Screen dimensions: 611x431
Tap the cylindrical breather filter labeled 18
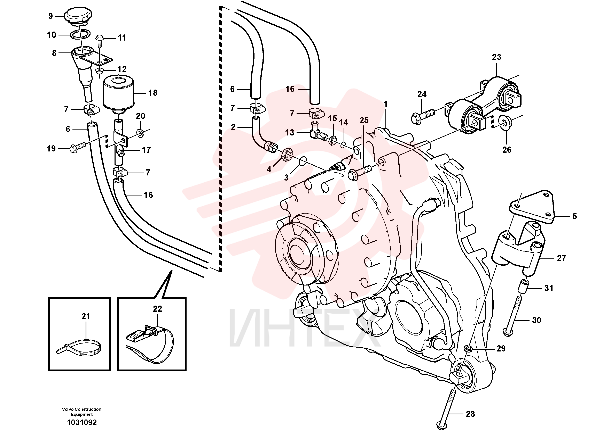click(118, 94)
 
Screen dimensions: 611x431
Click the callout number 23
click(496, 57)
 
